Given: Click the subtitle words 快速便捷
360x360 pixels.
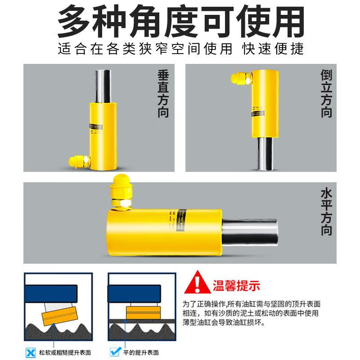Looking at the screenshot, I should pyautogui.click(x=273, y=48).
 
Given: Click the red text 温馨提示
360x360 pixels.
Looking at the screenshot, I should pyautogui.click(x=236, y=285).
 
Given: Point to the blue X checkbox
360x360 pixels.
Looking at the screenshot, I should pyautogui.click(x=31, y=353).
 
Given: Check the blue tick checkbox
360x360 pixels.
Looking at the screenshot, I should pyautogui.click(x=114, y=353).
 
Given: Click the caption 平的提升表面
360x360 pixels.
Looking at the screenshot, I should pyautogui.click(x=140, y=353).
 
